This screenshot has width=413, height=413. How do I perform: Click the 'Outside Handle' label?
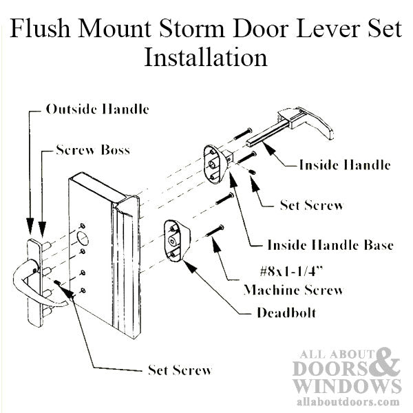click(97, 109)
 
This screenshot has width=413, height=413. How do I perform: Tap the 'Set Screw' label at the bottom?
click(180, 370)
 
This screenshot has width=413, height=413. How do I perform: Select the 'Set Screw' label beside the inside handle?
click(311, 204)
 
